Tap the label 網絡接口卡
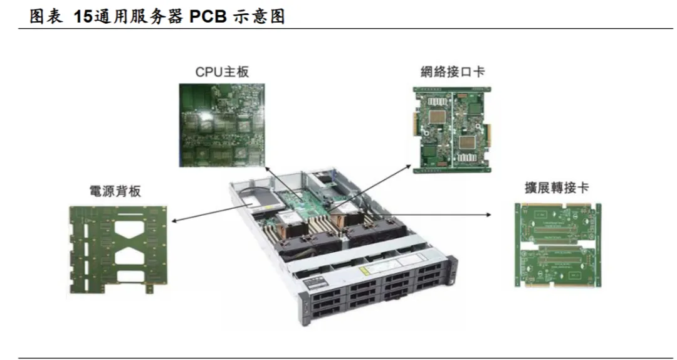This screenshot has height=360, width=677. click(453, 71)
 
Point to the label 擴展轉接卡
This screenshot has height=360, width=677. click(557, 188)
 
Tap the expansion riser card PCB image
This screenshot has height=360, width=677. click(557, 244)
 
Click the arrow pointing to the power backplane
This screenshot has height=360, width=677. click(207, 211)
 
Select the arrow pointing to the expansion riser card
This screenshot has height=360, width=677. click(445, 214)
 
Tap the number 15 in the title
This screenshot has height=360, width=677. click(83, 17)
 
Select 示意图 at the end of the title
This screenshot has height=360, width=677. click(260, 17)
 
